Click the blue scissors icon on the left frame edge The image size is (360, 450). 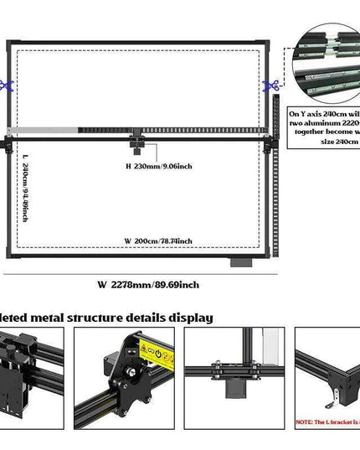[7, 84]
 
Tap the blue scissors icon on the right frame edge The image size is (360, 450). [271, 84]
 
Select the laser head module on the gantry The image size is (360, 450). [137, 148]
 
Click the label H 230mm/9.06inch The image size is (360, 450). [159, 166]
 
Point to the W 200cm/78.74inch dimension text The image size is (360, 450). [158, 241]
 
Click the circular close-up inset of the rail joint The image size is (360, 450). [327, 63]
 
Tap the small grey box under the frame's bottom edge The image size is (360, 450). [241, 262]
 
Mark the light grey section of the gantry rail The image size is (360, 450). [42, 130]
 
